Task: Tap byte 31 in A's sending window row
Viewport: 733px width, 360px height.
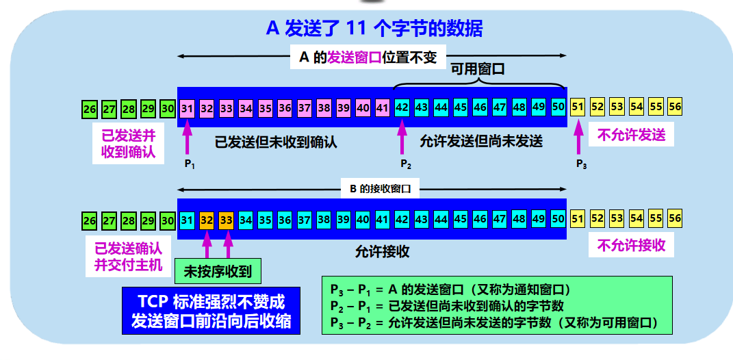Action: (x=188, y=107)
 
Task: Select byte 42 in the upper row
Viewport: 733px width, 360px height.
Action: (x=402, y=107)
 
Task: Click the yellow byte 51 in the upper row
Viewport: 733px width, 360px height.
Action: (x=578, y=107)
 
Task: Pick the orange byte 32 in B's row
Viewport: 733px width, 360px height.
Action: (x=207, y=220)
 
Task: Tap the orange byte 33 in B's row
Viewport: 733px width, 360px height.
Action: (x=226, y=220)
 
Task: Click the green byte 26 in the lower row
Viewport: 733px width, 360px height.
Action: (x=90, y=220)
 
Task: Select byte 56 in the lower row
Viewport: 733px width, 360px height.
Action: (x=675, y=219)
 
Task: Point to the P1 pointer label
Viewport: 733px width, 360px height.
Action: (x=190, y=164)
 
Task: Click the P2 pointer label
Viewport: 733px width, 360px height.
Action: (x=405, y=164)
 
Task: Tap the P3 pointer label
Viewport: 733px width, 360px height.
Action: (x=580, y=164)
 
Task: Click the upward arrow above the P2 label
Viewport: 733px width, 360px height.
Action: (x=402, y=137)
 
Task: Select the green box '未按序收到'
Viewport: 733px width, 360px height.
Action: (x=218, y=272)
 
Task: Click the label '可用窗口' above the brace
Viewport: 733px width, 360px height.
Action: (x=477, y=69)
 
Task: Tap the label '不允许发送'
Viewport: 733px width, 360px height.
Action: (x=631, y=135)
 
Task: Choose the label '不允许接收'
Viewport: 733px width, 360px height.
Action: (x=631, y=244)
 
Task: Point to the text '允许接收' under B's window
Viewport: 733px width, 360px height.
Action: (x=382, y=251)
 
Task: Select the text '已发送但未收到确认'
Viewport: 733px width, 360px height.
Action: (x=276, y=142)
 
